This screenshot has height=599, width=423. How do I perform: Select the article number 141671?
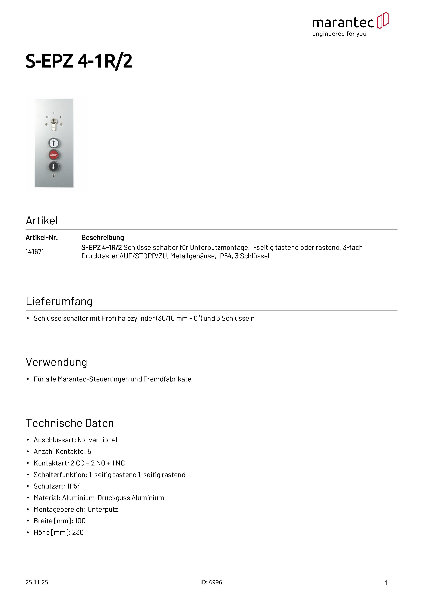pyautogui.click(x=35, y=252)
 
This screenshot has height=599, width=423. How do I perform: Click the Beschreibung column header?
pyautogui.click(x=103, y=238)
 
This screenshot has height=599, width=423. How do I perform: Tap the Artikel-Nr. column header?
pyautogui.click(x=42, y=238)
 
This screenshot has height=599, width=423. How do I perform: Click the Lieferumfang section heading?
pyautogui.click(x=59, y=301)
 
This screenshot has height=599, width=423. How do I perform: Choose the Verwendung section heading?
pyautogui.click(x=56, y=362)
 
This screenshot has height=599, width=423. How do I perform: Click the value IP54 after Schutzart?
pyautogui.click(x=74, y=486)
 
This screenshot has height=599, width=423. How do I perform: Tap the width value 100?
pyautogui.click(x=80, y=521)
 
